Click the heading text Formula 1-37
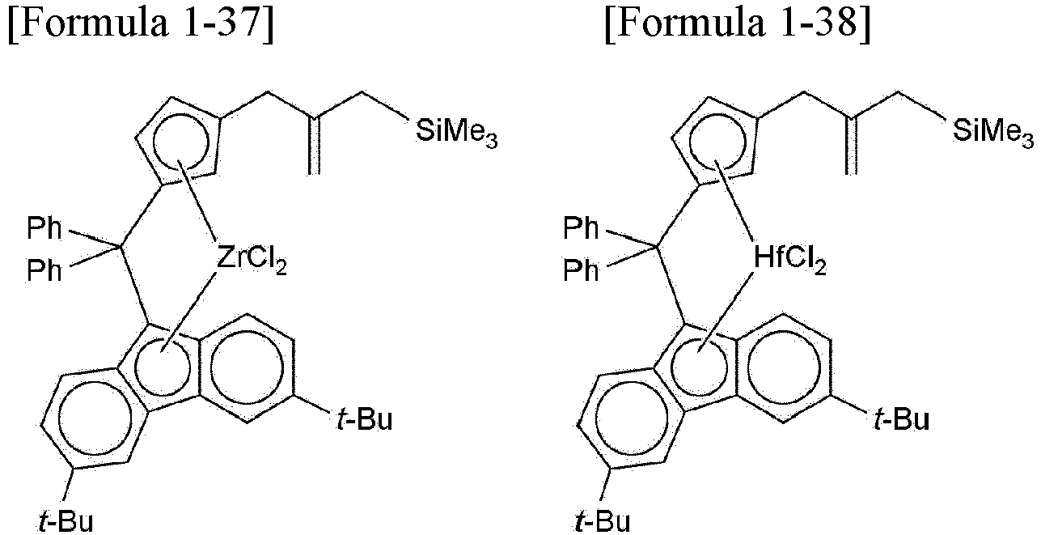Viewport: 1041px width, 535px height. (141, 23)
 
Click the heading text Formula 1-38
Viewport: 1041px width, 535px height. (738, 23)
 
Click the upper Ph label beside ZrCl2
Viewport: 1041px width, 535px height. (44, 228)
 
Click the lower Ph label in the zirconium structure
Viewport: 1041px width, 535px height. (44, 270)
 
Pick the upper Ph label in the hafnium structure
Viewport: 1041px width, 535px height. (581, 228)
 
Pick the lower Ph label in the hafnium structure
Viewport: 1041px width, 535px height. (581, 270)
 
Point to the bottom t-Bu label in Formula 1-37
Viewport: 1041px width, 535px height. (66, 521)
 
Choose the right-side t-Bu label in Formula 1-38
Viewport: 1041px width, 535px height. (901, 419)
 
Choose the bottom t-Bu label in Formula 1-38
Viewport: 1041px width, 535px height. (603, 521)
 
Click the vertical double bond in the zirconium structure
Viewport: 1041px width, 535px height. (315, 146)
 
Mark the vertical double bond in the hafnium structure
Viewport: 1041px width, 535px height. (851, 146)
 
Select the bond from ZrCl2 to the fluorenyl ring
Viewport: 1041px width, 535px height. (188, 312)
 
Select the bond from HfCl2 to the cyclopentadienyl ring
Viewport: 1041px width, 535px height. (734, 201)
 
